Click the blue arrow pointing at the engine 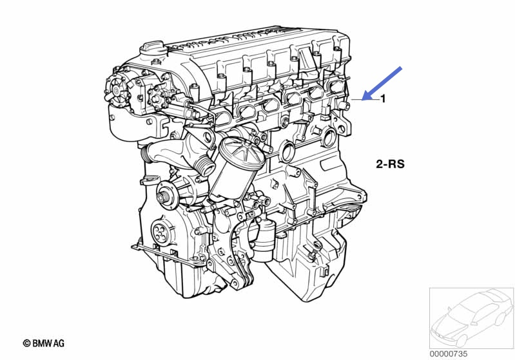382,83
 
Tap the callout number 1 383,99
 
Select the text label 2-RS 390,164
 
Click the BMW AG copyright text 44,343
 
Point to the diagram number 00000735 449,354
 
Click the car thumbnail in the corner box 472,318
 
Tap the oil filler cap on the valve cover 151,48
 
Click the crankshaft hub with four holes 162,232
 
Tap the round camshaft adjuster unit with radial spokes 117,90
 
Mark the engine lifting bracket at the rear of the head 342,124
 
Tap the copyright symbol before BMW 26,343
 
